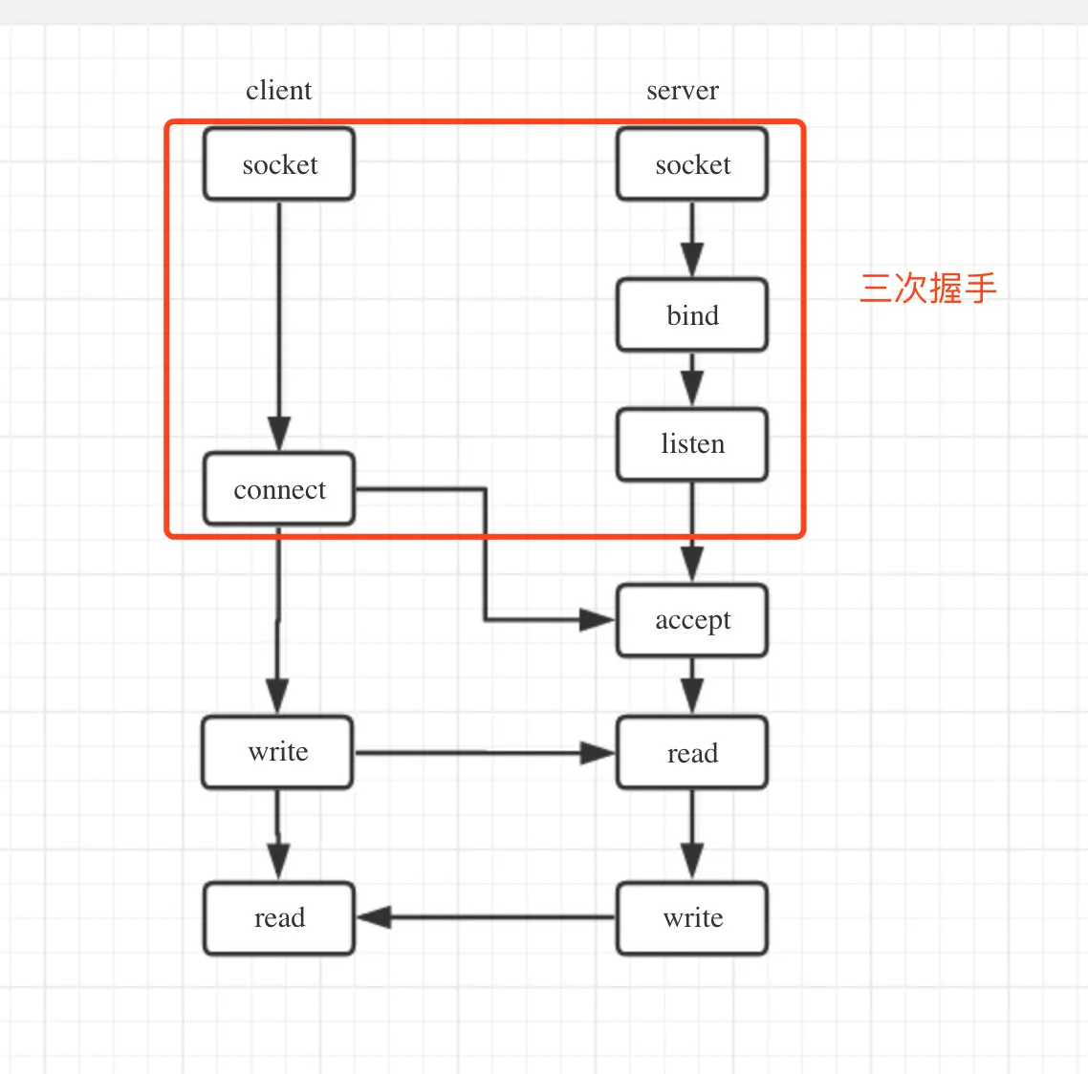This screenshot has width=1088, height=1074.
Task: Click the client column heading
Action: (x=278, y=91)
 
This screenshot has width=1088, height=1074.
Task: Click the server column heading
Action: (x=682, y=91)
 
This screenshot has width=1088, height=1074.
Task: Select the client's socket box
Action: (x=279, y=164)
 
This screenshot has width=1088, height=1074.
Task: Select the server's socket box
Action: (x=692, y=164)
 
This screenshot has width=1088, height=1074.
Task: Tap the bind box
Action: (x=692, y=315)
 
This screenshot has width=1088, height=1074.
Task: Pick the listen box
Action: (x=692, y=444)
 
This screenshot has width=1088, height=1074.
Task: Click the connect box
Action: (x=279, y=489)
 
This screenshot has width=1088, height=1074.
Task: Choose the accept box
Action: (x=692, y=620)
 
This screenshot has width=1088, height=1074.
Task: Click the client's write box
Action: (x=277, y=752)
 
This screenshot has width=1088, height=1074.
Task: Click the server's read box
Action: (x=692, y=753)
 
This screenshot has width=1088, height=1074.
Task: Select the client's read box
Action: (x=279, y=918)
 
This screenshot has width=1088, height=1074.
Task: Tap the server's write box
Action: (x=692, y=918)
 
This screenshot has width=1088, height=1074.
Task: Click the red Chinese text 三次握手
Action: (x=927, y=288)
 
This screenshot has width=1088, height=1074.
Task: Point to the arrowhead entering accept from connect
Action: (x=598, y=620)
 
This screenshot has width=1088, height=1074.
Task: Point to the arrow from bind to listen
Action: (x=692, y=379)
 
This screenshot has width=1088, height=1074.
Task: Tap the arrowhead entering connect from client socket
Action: (x=279, y=434)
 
